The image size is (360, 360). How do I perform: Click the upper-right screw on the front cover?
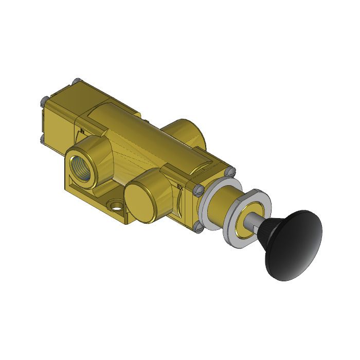[231, 171]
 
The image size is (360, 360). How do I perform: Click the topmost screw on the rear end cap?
[76, 82]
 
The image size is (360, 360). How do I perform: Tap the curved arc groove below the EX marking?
[177, 206]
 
